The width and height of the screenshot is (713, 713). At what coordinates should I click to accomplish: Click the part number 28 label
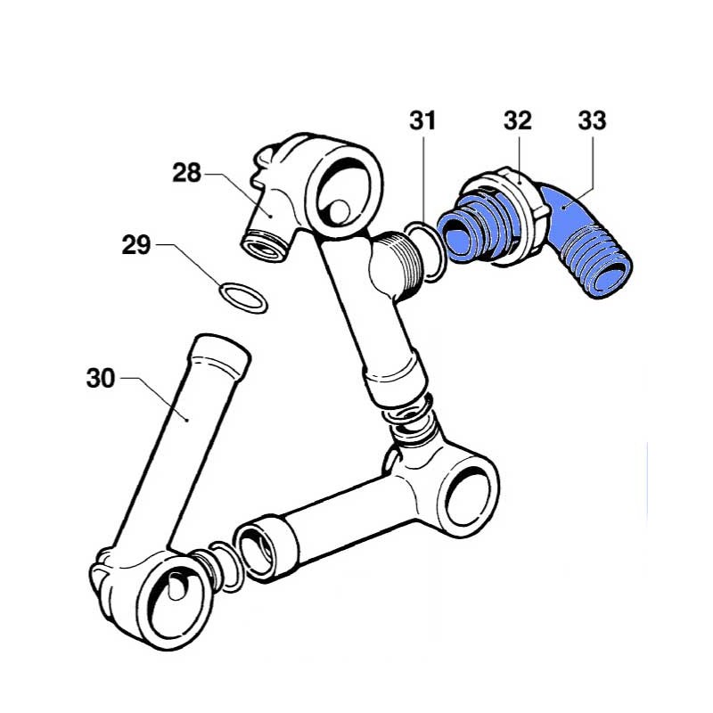point(186,173)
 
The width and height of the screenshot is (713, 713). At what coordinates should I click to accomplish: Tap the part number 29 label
point(136,245)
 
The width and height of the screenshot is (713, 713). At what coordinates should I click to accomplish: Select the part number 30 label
point(101,378)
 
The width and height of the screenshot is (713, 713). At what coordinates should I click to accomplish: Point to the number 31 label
point(422,120)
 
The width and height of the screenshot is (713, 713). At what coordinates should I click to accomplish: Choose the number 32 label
point(518,120)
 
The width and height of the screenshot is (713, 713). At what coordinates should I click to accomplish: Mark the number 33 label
point(592,120)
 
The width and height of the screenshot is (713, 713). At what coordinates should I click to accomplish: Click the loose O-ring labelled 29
point(242,298)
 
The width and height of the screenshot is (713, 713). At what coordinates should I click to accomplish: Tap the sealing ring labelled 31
point(425,251)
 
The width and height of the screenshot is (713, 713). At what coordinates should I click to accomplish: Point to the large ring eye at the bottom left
point(175,599)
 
